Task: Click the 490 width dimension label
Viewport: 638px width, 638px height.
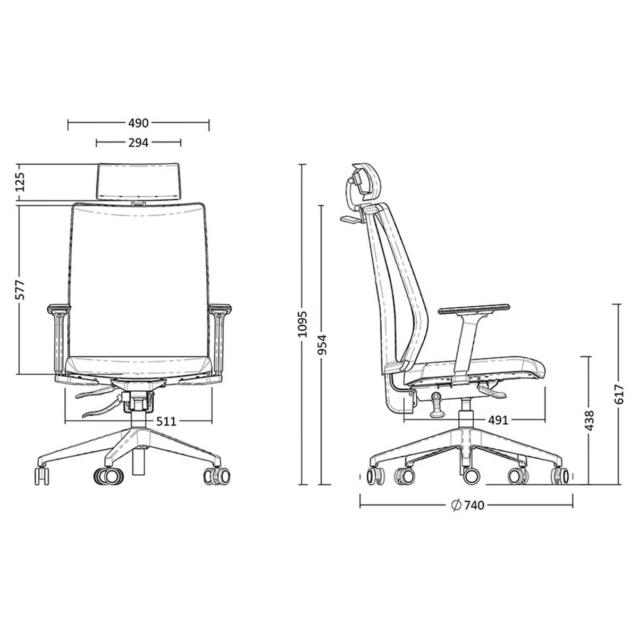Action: [x=138, y=124]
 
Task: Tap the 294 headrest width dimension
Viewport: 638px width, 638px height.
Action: [x=138, y=142]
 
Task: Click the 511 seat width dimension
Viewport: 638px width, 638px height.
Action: [x=166, y=422]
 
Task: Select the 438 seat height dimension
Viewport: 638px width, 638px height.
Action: [x=589, y=420]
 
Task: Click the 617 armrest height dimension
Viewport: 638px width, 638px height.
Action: [x=618, y=394]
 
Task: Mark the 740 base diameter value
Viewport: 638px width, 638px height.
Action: [x=474, y=505]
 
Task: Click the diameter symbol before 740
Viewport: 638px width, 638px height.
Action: [x=455, y=505]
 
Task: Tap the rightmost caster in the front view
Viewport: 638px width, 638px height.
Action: [x=218, y=475]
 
